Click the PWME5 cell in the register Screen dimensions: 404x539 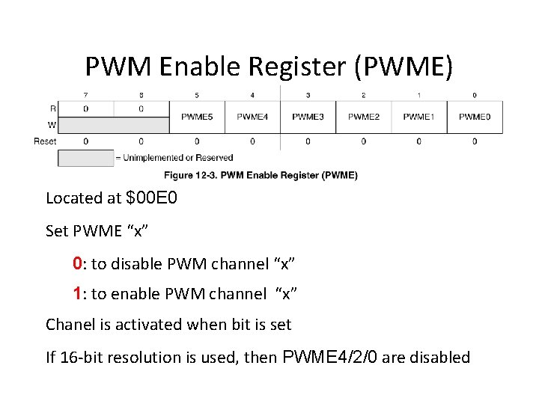point(197,117)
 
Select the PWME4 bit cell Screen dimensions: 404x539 point(252,117)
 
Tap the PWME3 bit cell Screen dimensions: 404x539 point(308,117)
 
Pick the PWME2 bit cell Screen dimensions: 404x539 point(363,117)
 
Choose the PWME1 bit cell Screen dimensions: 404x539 point(418,117)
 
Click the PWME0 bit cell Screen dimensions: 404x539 point(475,117)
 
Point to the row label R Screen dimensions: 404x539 point(52,109)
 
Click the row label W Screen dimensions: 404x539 point(52,125)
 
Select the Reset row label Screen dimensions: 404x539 point(45,141)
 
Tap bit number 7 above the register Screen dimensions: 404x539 point(85,95)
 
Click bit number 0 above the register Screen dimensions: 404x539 point(475,95)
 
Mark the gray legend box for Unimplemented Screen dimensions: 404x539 point(85,158)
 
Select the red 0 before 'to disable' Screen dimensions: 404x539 point(77,263)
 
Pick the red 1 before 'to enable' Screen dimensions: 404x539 point(77,293)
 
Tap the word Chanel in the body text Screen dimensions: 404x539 point(70,325)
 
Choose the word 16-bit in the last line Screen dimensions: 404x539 point(79,358)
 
